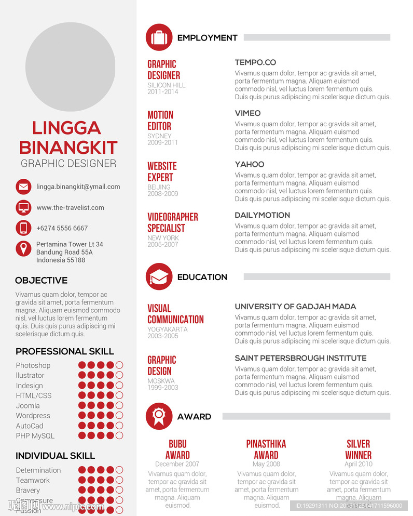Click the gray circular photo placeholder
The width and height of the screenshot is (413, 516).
[70, 67]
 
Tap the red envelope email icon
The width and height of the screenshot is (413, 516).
[23, 187]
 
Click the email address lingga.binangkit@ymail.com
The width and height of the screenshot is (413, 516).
[78, 187]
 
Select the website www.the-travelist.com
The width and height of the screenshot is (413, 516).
[70, 207]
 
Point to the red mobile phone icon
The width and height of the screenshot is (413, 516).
[23, 228]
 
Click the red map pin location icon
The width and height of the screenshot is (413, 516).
[23, 248]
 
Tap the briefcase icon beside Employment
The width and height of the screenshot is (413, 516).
[159, 37]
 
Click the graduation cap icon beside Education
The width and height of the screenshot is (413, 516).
[159, 276]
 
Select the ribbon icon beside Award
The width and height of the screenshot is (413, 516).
[159, 416]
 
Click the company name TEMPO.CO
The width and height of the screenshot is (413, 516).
[255, 62]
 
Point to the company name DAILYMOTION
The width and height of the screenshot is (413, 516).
[262, 215]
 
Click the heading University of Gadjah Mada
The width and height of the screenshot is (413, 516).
[295, 307]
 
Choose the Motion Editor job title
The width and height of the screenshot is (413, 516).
[160, 121]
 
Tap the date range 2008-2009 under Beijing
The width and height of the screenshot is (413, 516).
[162, 194]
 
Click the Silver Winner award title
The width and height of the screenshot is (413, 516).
[358, 449]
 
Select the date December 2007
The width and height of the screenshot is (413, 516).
[177, 464]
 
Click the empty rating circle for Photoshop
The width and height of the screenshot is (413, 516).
[119, 365]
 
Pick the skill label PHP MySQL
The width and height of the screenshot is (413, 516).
[35, 436]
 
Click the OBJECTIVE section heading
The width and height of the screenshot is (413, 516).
[42, 281]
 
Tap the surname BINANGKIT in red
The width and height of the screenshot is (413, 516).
[68, 148]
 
